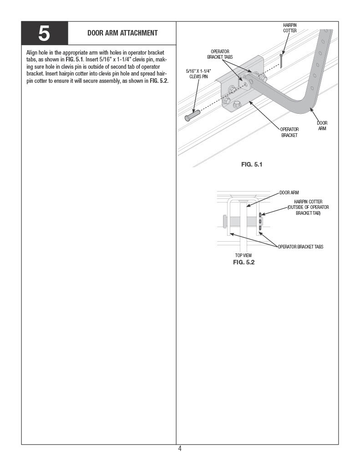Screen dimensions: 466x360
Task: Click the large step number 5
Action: [44, 34]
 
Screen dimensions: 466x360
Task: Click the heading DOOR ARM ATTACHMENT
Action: [122, 33]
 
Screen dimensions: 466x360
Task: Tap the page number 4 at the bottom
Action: [180, 449]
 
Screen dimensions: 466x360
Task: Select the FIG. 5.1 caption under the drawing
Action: [252, 164]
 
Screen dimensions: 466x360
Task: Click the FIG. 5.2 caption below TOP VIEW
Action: [243, 262]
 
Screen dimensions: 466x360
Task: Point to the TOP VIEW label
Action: [243, 255]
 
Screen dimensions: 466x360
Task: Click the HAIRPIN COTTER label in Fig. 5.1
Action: [290, 28]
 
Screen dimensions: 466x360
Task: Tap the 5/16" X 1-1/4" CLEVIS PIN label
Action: [198, 74]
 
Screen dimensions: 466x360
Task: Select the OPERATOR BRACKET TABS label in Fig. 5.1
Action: [220, 54]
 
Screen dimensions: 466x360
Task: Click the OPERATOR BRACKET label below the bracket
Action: [289, 132]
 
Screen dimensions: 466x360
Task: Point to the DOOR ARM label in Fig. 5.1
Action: [322, 126]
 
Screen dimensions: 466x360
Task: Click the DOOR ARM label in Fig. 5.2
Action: [289, 193]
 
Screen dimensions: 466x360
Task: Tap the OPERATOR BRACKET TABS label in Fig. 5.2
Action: [300, 247]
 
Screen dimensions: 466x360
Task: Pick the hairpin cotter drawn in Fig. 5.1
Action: [281, 59]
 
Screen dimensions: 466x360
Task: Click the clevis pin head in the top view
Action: [225, 221]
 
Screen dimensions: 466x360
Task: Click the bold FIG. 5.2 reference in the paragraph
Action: [159, 81]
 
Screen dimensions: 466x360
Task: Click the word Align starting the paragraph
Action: [32, 53]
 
